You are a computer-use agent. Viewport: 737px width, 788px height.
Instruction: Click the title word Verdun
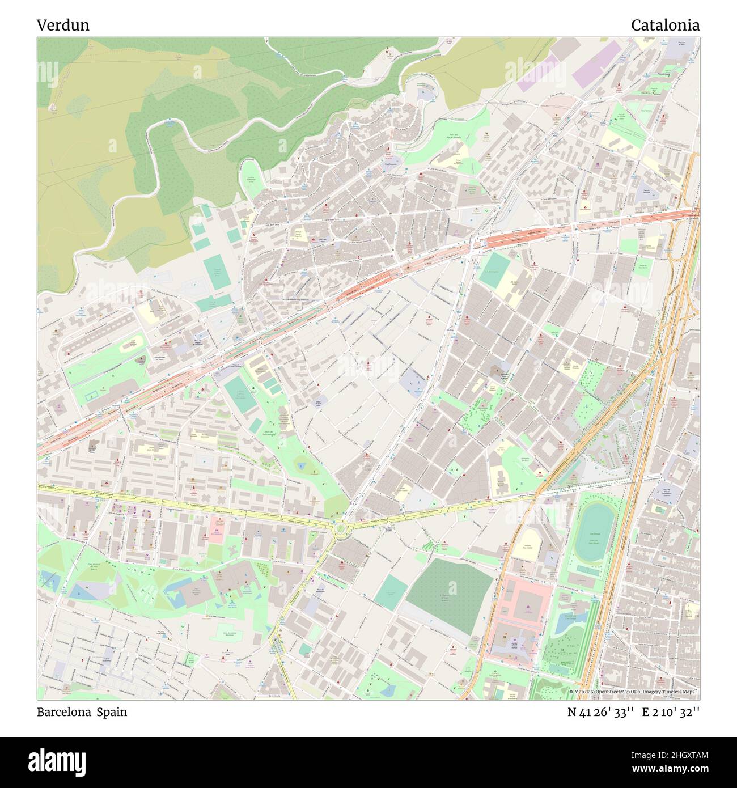(x=63, y=26)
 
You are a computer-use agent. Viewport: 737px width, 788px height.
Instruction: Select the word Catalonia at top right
(x=664, y=26)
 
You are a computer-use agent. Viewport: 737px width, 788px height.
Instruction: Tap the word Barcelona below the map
(x=63, y=712)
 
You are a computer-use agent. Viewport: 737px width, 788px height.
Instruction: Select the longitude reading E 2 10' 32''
(x=671, y=712)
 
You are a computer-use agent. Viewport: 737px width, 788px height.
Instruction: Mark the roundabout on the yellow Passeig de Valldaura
(x=340, y=528)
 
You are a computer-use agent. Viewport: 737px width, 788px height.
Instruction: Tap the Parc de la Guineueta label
(x=269, y=434)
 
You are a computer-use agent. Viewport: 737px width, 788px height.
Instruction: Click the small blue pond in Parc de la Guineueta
(x=300, y=466)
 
